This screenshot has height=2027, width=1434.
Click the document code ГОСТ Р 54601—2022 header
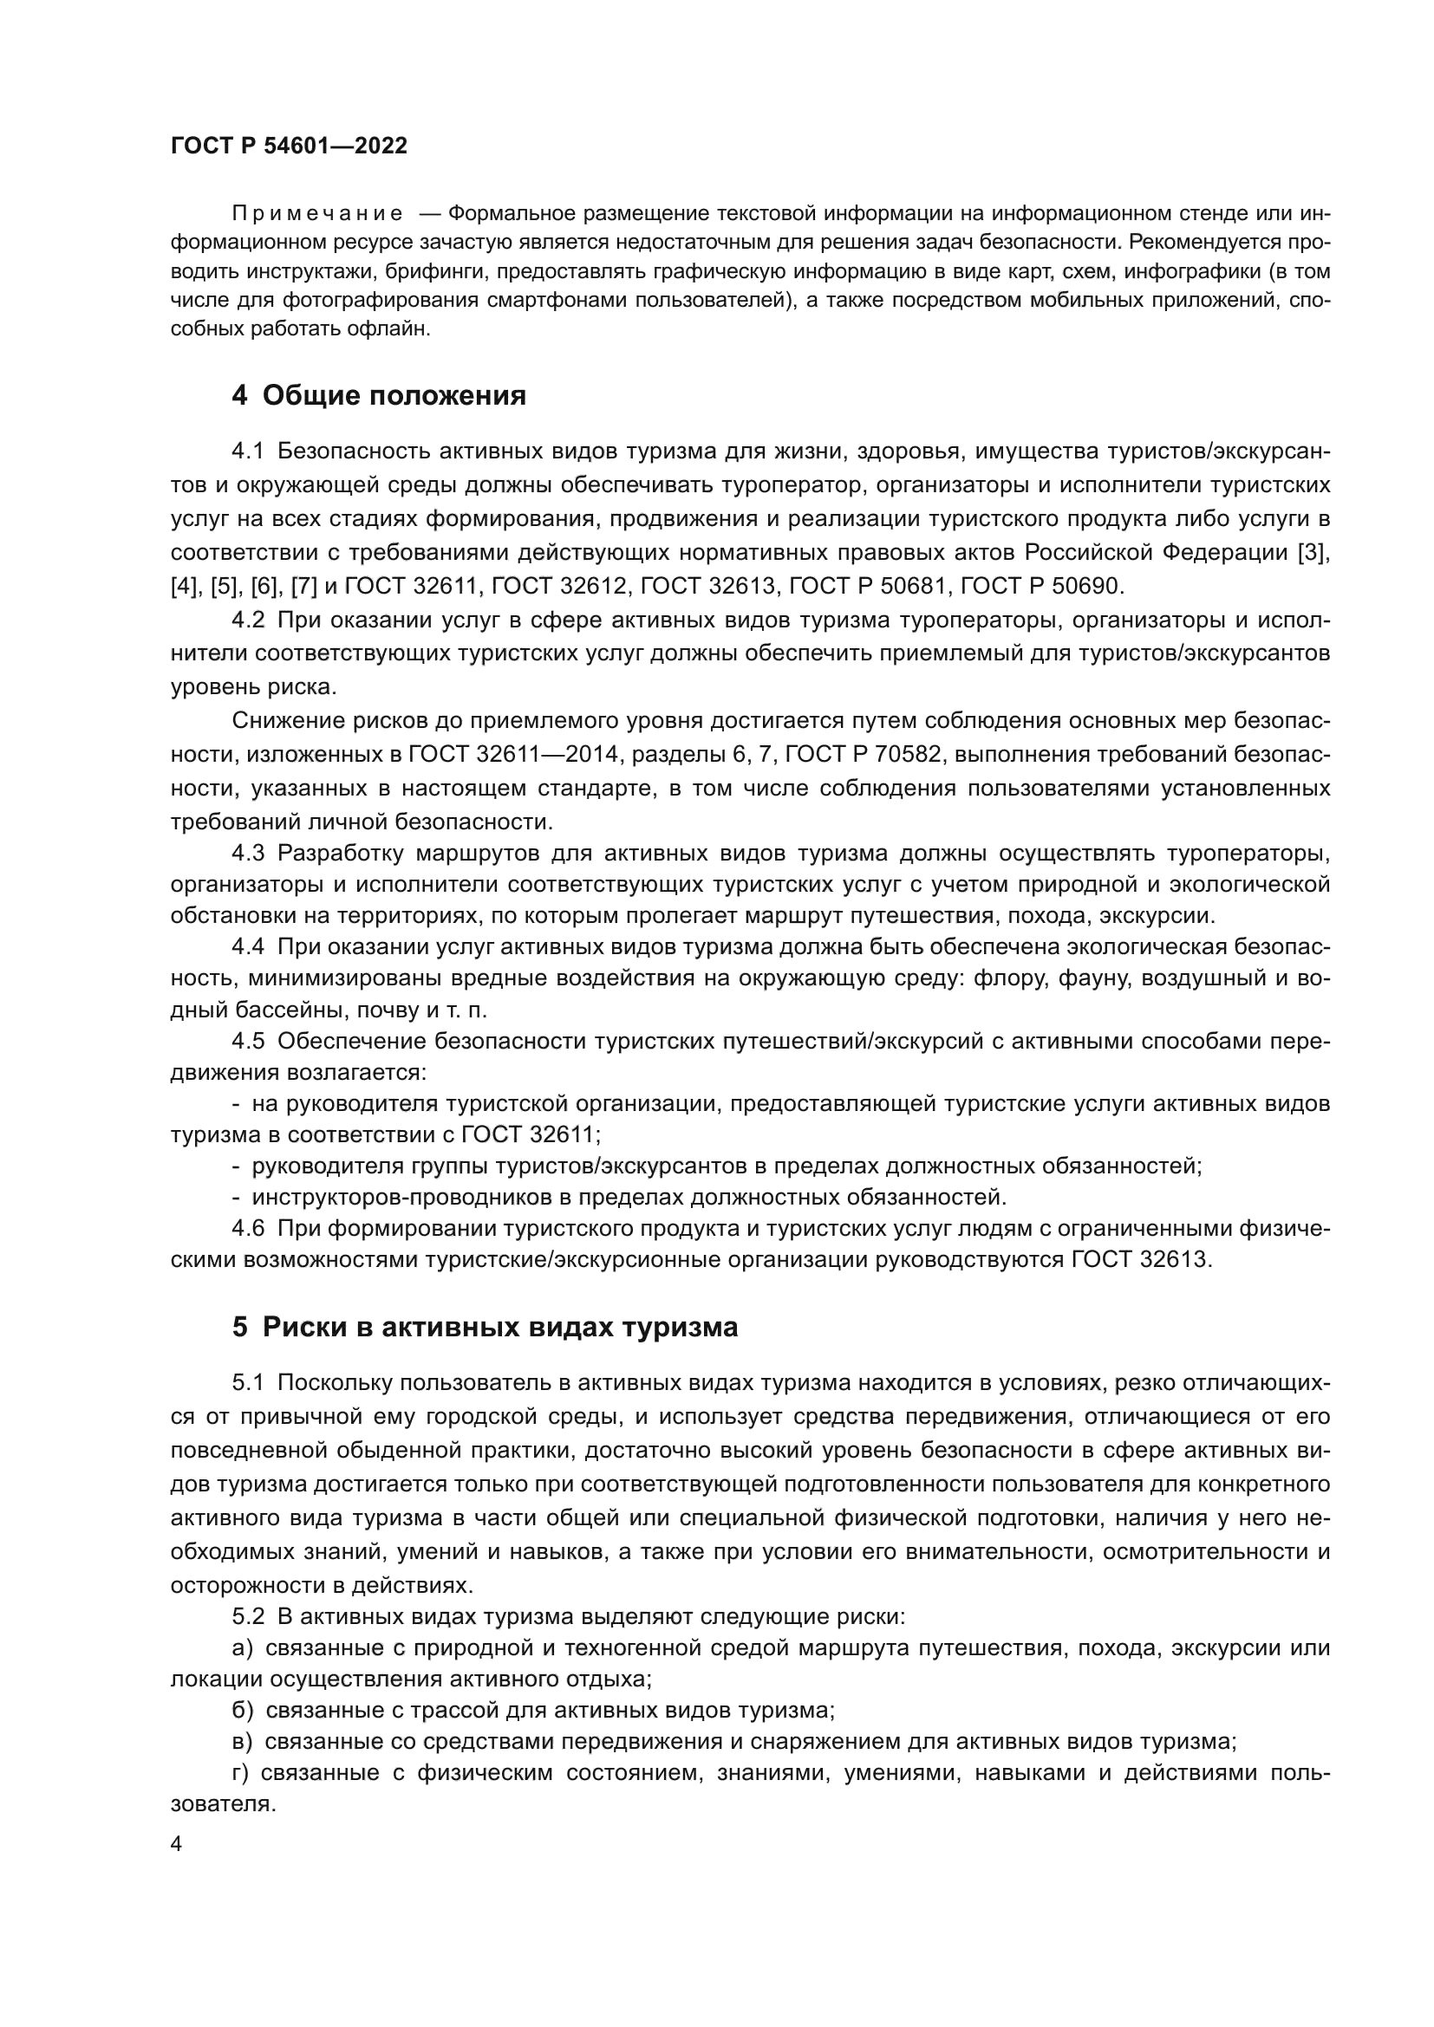pos(289,146)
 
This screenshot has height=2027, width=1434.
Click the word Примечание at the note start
pos(317,215)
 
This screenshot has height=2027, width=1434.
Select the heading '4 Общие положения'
pos(379,395)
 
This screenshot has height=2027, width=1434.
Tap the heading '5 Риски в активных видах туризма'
pos(485,1327)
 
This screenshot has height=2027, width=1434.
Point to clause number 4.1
pos(248,452)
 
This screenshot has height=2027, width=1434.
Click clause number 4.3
pos(248,854)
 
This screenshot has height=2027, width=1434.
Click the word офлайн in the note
pos(399,329)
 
